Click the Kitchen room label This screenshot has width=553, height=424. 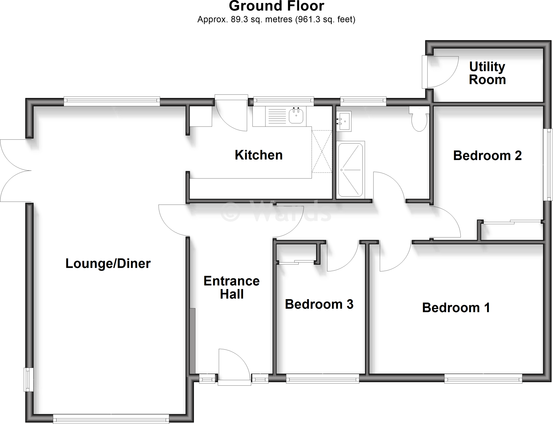[x=258, y=155]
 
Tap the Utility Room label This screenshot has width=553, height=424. [x=487, y=73]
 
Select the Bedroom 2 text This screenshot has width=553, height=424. [x=487, y=156]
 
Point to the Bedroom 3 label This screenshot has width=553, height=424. [x=319, y=304]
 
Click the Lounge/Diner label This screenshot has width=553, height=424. [x=108, y=263]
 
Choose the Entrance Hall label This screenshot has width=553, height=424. [x=231, y=287]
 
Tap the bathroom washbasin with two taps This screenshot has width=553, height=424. [x=344, y=121]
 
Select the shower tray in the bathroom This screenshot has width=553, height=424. [x=350, y=170]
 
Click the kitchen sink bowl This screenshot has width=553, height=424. [x=296, y=116]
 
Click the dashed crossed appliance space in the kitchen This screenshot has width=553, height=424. [x=322, y=151]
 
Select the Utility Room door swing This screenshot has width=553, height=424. [x=442, y=72]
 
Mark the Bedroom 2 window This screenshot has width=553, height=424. [x=548, y=164]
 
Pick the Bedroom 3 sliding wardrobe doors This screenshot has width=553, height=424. [x=296, y=262]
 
